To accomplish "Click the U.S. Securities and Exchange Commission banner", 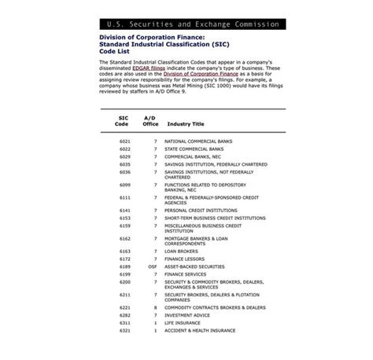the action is (186, 24).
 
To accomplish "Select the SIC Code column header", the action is (123, 120).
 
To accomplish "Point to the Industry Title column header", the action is (186, 123).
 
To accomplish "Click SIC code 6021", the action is (125, 141).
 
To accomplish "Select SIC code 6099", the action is (125, 184).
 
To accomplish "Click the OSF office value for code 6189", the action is (153, 266).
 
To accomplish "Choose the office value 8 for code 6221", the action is (155, 308).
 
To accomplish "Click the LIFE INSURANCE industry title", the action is (182, 323).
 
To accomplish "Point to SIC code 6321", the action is (125, 331).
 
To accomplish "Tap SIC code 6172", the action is (125, 259).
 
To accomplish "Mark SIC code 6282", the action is (125, 316).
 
